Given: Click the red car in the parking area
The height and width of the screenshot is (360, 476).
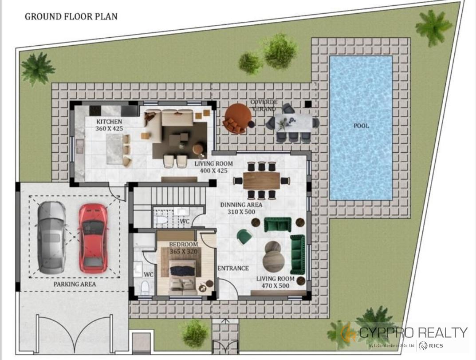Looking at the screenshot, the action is pos(93,238).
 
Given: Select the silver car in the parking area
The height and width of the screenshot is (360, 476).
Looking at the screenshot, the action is pos(51,237).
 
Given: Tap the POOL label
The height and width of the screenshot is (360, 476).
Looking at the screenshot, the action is pos(361,126).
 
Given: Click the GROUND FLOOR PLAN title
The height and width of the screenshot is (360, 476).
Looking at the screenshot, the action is pos(71,16).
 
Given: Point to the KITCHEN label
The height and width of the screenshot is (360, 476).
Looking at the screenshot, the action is pos(109,122).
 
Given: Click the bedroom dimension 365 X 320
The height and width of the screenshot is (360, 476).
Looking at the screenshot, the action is pos(184,251).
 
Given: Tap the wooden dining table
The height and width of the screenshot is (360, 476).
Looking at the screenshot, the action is pos(261,181).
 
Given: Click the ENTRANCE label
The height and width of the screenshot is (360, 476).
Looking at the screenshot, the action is pos(233,268).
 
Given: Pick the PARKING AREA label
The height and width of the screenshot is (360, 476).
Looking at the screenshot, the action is pos(75,285).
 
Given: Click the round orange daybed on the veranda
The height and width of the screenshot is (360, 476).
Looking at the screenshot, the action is pos(238,119).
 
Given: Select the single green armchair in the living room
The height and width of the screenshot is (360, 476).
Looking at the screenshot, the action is pos(244,237).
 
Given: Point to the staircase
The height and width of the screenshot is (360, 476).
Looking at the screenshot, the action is pos(170,196).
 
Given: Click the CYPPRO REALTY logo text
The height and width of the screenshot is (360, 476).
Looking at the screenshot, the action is pos(413,332).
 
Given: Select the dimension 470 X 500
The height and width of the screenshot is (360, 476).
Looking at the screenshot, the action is pos(275,285).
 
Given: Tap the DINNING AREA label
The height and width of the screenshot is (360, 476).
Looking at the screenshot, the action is pos(241,205).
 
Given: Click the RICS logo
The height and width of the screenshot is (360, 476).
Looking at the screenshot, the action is pos(431,345).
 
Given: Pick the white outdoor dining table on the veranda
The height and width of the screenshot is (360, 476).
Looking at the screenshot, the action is pos(294,123).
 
